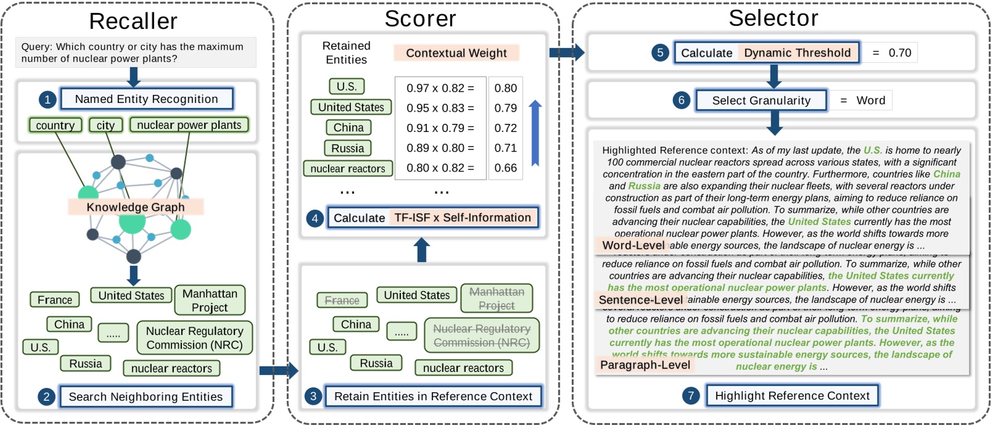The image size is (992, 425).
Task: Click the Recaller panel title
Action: pos(133,22)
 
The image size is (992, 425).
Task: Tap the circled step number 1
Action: pos(48,99)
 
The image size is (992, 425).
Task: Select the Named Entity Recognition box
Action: pos(146,99)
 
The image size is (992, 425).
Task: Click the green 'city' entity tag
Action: pos(105,125)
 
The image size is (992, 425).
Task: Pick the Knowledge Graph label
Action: pos(135,207)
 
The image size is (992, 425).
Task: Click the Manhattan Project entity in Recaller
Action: pos(210,300)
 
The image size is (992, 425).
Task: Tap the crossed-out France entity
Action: pos(342,300)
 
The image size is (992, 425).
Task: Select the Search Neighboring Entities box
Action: pos(146,397)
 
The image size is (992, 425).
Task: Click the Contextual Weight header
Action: pos(456,53)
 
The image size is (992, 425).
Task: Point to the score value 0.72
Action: pos(505,128)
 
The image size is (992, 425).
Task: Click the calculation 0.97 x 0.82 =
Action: pos(440,88)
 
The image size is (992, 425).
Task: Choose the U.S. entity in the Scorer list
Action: pos(346,86)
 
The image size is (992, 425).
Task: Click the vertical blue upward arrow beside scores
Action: pos(535,133)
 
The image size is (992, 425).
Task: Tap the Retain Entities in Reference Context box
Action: pos(433,396)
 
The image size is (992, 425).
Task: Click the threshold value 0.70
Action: pos(899,53)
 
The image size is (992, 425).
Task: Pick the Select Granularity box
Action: pos(761,101)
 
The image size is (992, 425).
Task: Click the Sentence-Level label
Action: pos(640,300)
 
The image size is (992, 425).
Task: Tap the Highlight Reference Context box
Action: pos(792,395)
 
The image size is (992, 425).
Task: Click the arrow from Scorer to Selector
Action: pos(566,52)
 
